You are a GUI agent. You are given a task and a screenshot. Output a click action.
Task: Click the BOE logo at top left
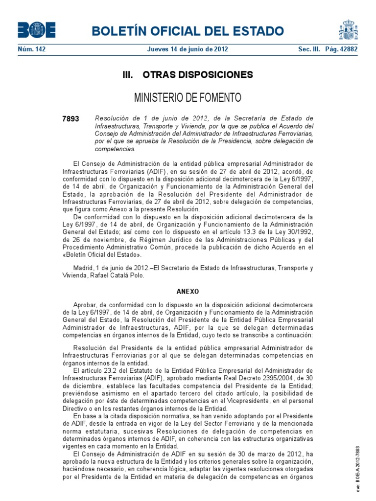(37, 30)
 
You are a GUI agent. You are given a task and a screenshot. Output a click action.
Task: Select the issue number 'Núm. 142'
(31, 49)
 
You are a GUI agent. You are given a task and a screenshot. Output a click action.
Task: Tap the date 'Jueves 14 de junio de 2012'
(188, 49)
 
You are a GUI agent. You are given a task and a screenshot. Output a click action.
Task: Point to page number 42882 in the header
(347, 49)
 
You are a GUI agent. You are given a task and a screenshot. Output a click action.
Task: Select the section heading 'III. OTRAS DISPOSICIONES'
(188, 75)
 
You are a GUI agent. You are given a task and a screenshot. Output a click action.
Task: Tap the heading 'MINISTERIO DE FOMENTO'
(188, 97)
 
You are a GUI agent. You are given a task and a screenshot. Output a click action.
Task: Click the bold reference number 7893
(71, 119)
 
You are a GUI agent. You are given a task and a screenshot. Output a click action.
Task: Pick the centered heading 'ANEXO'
(188, 291)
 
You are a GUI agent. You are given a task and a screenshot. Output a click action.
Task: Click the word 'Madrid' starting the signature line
(82, 268)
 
